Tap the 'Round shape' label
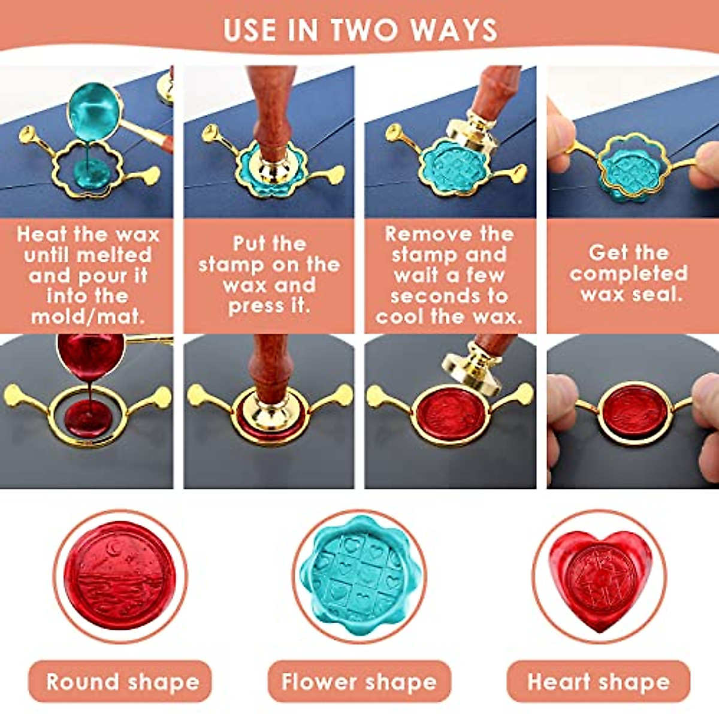(x=122, y=681)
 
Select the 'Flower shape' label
(x=359, y=681)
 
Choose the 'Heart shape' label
(x=599, y=681)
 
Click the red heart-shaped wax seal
(x=599, y=578)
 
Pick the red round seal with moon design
(x=120, y=575)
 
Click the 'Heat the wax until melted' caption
(x=87, y=275)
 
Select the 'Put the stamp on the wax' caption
(x=269, y=275)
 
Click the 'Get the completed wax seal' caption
(x=629, y=273)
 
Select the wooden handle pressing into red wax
(x=270, y=365)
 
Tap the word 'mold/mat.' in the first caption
(x=87, y=316)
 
